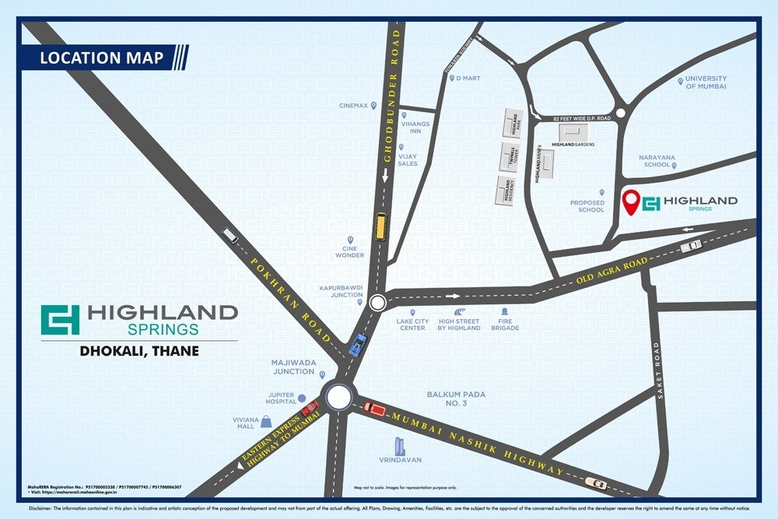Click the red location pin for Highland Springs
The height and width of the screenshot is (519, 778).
(x=634, y=202)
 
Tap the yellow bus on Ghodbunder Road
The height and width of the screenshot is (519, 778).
(x=381, y=226)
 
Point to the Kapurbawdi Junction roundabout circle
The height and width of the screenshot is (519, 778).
(x=378, y=303)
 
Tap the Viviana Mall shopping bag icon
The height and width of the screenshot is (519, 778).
(x=267, y=421)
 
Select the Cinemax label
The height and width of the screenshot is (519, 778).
(x=353, y=106)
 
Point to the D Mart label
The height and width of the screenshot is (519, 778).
(x=470, y=78)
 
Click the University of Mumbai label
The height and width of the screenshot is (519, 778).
(x=706, y=82)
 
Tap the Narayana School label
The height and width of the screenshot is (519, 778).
(x=657, y=161)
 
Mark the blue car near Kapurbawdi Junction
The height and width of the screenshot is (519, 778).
(x=357, y=345)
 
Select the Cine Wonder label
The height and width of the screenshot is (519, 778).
(x=350, y=251)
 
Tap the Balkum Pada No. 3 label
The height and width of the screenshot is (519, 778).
(x=456, y=399)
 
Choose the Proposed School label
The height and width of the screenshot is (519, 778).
(x=587, y=206)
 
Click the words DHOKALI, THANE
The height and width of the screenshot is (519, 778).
(x=140, y=351)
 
